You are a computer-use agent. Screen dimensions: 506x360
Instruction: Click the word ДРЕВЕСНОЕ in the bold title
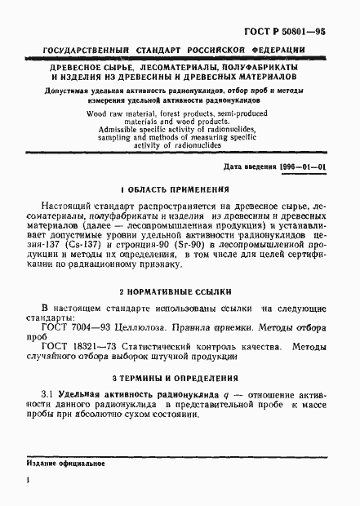pos(74,65)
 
